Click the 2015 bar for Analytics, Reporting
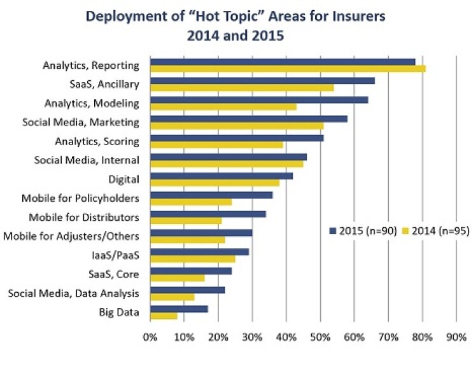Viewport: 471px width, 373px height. pos(283,62)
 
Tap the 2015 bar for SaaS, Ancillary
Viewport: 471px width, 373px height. pos(262,80)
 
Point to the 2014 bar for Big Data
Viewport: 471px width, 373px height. pos(164,316)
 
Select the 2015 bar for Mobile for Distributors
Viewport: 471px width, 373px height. pos(208,214)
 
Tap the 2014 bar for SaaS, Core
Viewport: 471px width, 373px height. pos(178,278)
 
